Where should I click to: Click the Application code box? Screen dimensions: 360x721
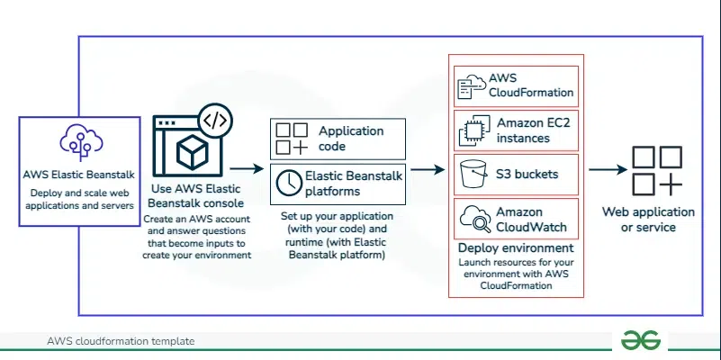338,139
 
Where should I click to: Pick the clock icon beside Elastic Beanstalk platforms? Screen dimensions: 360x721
289,181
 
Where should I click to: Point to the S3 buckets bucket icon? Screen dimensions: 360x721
472,174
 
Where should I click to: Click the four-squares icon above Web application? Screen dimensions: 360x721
654,170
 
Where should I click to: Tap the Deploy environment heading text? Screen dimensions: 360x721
516,247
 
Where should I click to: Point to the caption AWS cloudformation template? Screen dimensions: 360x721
121,342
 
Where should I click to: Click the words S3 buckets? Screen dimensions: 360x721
527,173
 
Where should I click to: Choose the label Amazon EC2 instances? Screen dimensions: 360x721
534,131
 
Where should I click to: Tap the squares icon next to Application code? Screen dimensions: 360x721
292,139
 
